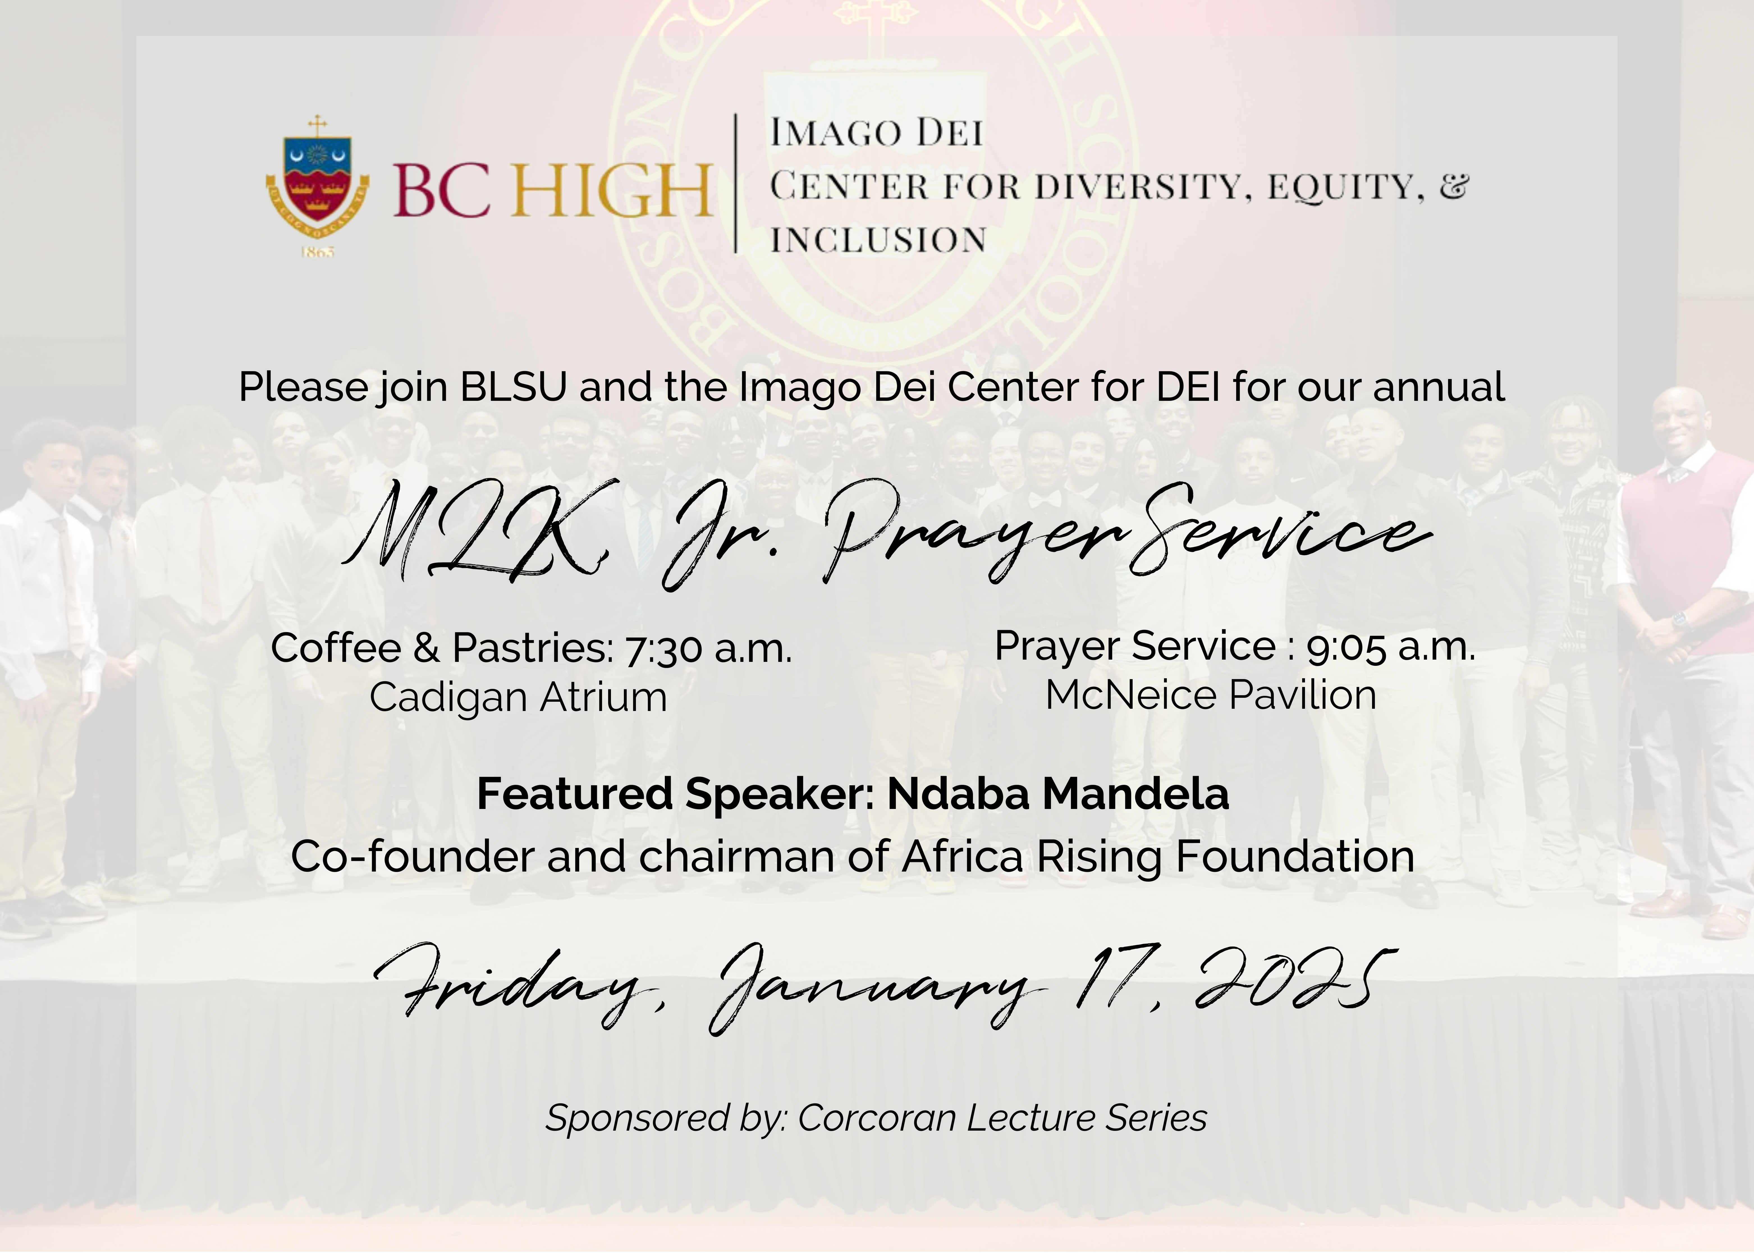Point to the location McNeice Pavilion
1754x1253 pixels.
1211,695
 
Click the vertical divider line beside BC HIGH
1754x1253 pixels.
736,184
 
